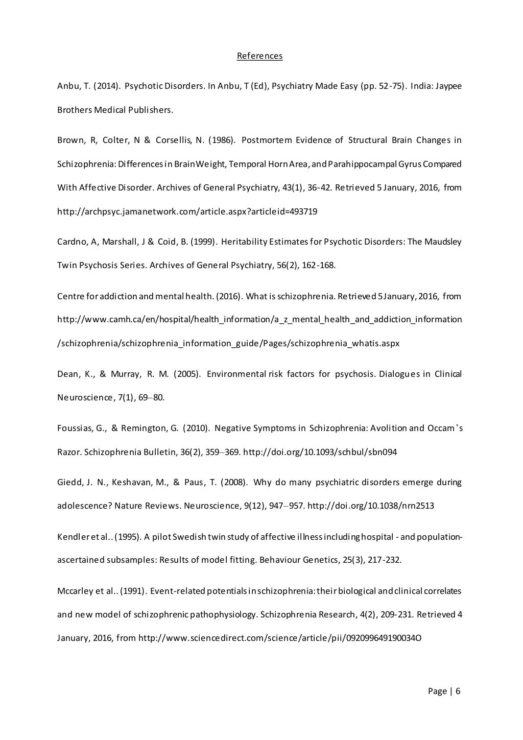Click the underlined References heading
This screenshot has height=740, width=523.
(259, 56)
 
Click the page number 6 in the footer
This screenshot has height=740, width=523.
(458, 691)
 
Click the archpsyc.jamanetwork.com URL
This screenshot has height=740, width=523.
(187, 211)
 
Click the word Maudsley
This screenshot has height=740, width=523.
(443, 242)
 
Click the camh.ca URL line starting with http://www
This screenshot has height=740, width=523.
(259, 320)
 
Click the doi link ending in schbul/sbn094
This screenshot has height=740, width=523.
(320, 452)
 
